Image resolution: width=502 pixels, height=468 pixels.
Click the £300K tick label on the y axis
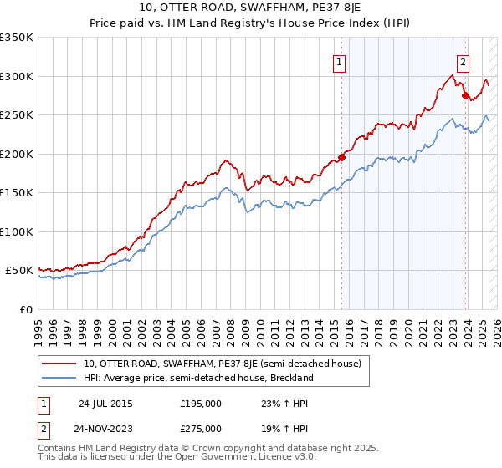click(16, 76)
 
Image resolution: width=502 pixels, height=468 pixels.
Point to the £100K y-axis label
click(16, 231)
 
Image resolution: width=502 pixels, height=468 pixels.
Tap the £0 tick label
click(24, 309)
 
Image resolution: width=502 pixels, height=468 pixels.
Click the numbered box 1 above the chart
click(340, 60)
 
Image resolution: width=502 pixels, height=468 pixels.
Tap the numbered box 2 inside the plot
click(463, 60)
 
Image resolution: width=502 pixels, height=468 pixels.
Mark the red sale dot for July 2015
click(341, 158)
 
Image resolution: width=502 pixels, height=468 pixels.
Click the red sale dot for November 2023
click(465, 95)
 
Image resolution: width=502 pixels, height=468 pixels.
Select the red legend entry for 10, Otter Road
click(222, 364)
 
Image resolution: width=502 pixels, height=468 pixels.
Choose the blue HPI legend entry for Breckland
click(198, 378)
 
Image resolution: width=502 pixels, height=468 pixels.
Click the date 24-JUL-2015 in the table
click(105, 403)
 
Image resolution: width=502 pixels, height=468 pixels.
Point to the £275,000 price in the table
click(201, 428)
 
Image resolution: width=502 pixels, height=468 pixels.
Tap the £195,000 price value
click(201, 403)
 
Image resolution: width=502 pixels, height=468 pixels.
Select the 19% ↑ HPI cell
click(282, 428)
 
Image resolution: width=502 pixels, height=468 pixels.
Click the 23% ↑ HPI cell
click(282, 403)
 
